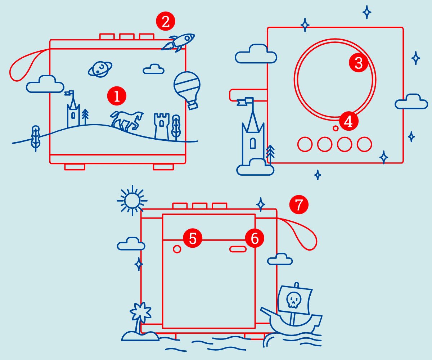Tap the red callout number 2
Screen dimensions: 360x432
[165, 22]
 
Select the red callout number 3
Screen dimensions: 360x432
[359, 63]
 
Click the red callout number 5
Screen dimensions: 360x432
[193, 239]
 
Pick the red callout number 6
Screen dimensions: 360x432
[255, 239]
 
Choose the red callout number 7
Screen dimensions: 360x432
[299, 205]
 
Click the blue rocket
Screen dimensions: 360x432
[179, 42]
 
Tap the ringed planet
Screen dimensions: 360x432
[100, 69]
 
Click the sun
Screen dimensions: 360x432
[132, 200]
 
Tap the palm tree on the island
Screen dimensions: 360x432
[140, 317]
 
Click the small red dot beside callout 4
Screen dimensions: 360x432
[336, 128]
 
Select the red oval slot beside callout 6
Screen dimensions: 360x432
[238, 249]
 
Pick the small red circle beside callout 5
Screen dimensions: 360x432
[177, 249]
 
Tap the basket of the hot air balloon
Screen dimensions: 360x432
[193, 105]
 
